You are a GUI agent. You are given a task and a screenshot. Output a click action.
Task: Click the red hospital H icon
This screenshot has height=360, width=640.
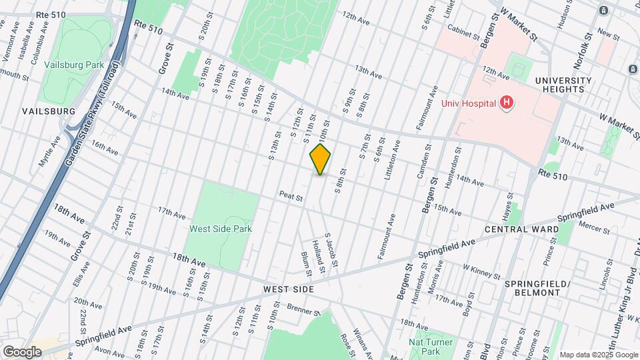[507, 103]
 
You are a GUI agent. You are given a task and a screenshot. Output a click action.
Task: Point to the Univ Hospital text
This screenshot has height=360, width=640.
[469, 103]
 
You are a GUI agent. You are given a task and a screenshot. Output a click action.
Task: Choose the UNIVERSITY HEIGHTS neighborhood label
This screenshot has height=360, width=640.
[563, 85]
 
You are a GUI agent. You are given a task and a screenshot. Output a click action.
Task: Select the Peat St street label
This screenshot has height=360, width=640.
[292, 197]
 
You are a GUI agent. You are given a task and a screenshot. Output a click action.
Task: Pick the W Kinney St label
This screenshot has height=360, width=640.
[481, 271]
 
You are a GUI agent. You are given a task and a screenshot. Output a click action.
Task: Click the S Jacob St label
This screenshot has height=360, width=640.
[331, 250]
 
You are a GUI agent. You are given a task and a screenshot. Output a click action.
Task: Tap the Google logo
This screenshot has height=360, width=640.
[22, 351]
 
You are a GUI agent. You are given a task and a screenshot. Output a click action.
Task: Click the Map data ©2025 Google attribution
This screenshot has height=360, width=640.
[599, 355]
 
